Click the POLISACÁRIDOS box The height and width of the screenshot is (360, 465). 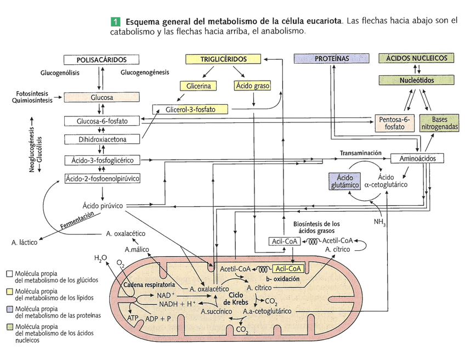tap(101, 59)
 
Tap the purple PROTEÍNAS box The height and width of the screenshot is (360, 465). tap(332, 59)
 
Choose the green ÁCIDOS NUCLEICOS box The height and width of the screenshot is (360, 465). tap(416, 58)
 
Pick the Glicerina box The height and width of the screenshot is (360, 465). tap(198, 86)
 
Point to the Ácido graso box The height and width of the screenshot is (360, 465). tap(252, 86)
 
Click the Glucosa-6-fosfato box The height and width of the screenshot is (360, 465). tap(101, 121)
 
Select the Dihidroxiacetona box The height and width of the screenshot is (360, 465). tap(101, 139)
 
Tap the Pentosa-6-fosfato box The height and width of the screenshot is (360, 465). tap(395, 123)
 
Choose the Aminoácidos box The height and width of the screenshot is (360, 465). tap(417, 158)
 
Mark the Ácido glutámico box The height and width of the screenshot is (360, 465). tap(344, 182)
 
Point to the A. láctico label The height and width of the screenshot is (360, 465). tap(24, 241)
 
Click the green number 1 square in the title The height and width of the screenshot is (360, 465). tap(115, 22)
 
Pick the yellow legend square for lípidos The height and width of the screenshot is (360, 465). tap(9, 291)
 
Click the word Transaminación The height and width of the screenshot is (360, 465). tap(360, 153)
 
